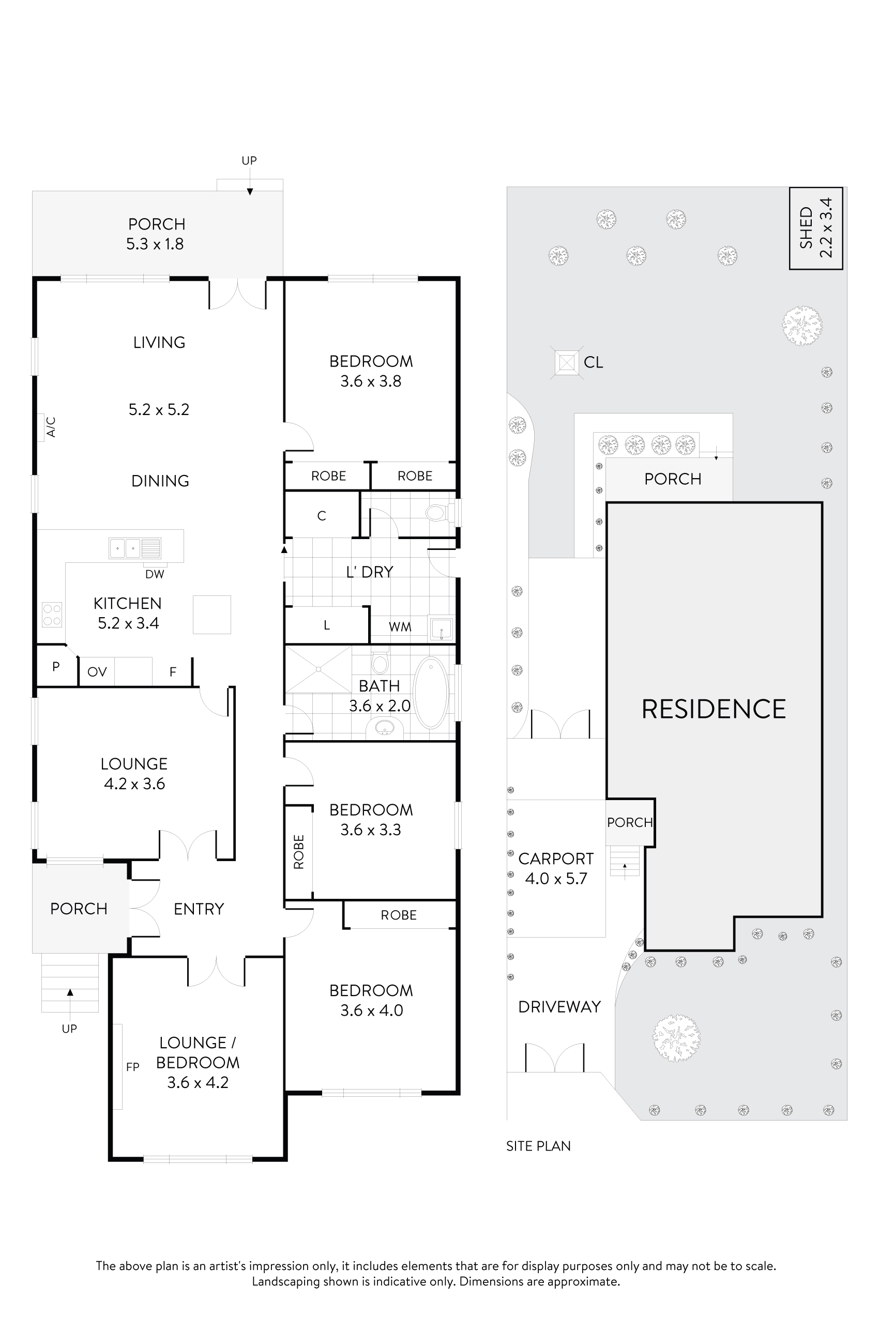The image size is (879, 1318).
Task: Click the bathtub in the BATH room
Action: [431, 693]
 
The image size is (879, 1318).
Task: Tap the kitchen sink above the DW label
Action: [135, 547]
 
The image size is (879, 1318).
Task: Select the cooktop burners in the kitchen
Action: [52, 614]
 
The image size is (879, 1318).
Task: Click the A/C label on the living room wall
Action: [51, 427]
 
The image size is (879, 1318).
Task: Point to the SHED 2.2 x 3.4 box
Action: [815, 228]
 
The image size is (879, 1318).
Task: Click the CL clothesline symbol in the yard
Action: [567, 362]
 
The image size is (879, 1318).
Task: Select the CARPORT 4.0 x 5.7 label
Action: [555, 868]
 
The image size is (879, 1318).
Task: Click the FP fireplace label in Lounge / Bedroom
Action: [133, 1067]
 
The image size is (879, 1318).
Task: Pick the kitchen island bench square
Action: [212, 615]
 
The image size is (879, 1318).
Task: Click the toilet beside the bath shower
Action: [380, 663]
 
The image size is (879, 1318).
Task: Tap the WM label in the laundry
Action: [400, 627]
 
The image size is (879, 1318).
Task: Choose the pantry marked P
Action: [56, 667]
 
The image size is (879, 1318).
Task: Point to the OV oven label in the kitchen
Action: [97, 672]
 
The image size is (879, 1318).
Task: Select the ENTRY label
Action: [199, 909]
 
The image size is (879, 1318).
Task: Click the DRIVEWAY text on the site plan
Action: [559, 1007]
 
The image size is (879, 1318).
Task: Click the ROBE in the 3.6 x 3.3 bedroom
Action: [299, 852]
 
